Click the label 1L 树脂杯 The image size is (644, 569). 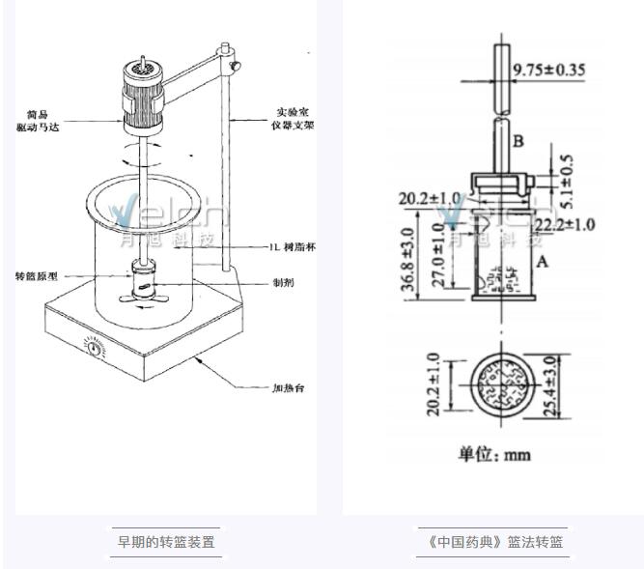293,247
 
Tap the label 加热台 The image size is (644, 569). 285,389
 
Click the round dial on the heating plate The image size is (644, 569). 95,345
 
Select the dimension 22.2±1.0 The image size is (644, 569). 564,224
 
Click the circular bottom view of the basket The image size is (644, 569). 502,384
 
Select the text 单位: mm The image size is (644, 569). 494,453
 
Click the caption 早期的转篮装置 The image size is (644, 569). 166,541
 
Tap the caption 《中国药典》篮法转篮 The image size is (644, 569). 494,541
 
